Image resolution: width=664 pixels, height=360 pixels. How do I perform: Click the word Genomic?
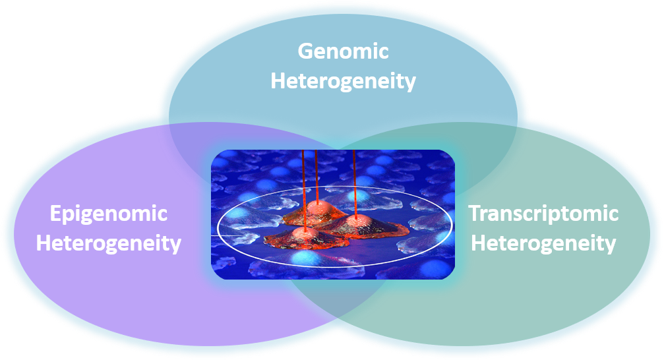(x=343, y=51)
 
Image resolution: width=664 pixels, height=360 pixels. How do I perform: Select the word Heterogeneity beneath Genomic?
(x=343, y=81)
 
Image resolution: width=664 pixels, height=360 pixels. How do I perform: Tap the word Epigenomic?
(x=109, y=214)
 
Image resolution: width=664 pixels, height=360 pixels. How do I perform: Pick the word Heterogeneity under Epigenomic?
(x=109, y=243)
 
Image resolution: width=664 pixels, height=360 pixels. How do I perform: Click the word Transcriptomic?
(x=543, y=213)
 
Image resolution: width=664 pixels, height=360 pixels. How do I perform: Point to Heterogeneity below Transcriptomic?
(x=543, y=243)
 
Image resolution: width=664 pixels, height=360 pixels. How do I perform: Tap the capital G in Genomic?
(x=306, y=51)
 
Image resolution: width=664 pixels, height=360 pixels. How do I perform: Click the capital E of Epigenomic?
(x=56, y=213)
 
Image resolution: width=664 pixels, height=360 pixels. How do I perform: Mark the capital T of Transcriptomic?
(x=476, y=213)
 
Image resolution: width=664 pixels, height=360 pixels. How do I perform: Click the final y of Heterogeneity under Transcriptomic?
(x=610, y=247)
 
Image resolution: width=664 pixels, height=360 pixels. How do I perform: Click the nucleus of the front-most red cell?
(x=303, y=233)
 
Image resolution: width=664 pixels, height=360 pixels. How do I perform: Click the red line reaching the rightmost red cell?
(x=355, y=184)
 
